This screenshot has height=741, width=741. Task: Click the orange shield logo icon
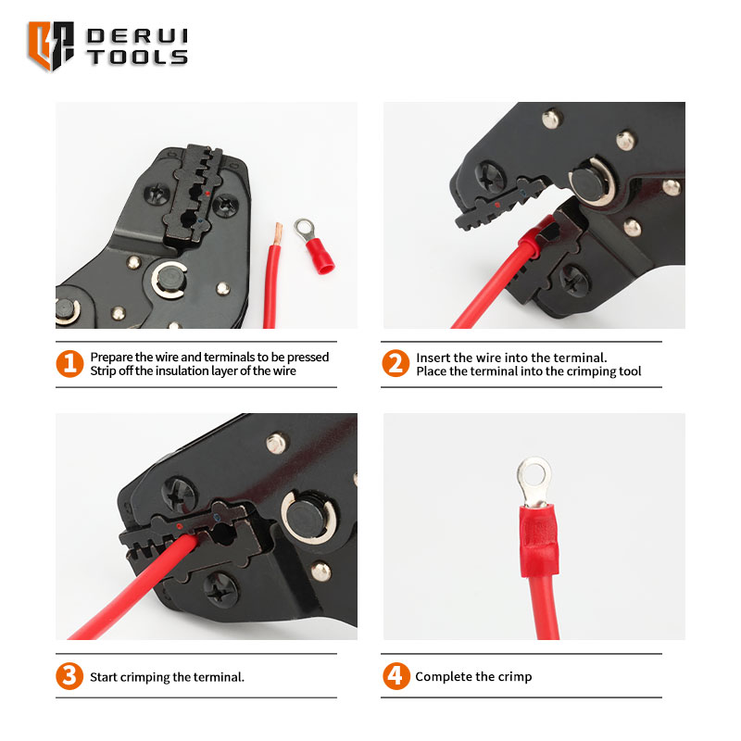[51, 45]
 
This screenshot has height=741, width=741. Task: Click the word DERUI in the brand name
[137, 36]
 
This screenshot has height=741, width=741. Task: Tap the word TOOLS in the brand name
[137, 57]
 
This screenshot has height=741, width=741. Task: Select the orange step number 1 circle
[69, 363]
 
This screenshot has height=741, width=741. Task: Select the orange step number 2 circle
[396, 363]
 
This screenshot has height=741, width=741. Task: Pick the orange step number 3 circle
[69, 676]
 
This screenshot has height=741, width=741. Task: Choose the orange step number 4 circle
[396, 676]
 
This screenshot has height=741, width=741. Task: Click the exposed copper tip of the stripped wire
[277, 234]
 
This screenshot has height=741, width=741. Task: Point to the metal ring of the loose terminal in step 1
[305, 229]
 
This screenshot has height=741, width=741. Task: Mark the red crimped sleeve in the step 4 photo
[539, 540]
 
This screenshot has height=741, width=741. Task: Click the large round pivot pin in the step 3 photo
[308, 516]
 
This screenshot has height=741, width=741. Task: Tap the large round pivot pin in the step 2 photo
[591, 182]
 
